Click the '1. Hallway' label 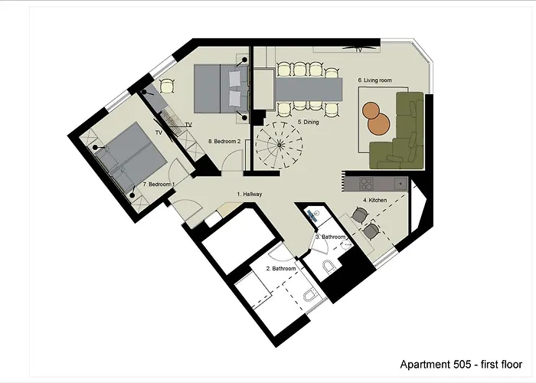click(250, 195)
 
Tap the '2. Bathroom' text click(280, 269)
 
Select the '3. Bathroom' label click(331, 237)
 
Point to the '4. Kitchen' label click(375, 200)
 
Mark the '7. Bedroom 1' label click(159, 185)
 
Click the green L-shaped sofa click(402, 134)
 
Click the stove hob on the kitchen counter click(364, 184)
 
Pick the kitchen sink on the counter click(400, 184)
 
